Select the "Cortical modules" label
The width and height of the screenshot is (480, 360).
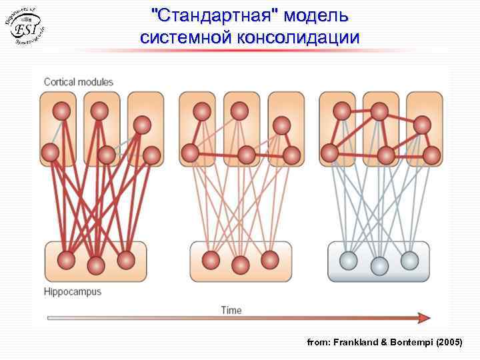pos(79,82)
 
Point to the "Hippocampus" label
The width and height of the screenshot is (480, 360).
pos(73,291)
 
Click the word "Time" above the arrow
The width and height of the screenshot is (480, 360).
pos(231,309)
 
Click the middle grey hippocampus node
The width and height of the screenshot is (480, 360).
pos(379,265)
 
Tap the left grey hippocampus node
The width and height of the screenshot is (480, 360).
pos(348,260)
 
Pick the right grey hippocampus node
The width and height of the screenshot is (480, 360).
pos(409,259)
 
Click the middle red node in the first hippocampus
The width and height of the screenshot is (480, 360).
pos(96,265)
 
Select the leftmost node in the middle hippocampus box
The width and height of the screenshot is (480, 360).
pos(211,259)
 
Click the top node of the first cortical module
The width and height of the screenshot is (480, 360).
pos(61,111)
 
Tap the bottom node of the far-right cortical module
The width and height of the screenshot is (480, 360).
pos(431,155)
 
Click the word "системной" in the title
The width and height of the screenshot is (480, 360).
pos(184,37)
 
